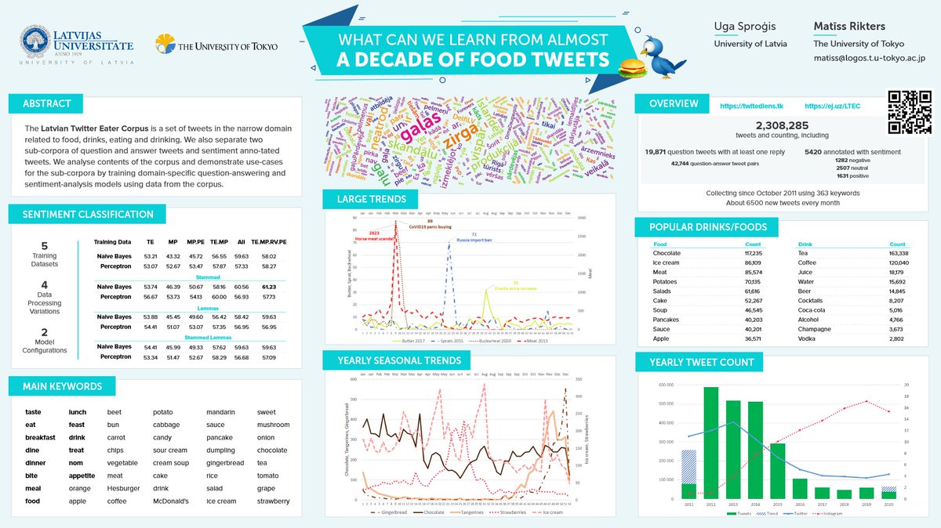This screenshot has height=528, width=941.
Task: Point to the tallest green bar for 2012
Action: coord(710,443)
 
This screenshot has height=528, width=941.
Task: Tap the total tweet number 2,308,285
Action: coord(781,125)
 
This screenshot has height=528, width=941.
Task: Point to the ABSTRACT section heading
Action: coord(47,103)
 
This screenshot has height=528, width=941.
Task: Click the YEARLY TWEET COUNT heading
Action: coord(702,362)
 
